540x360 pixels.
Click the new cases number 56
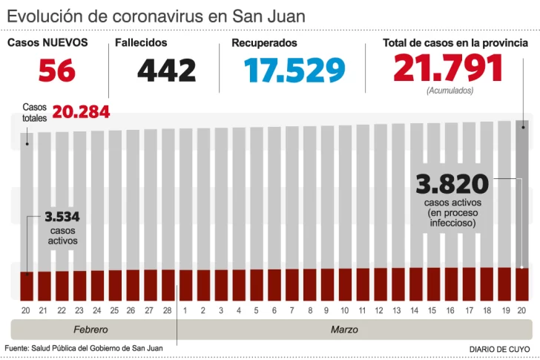click(x=57, y=71)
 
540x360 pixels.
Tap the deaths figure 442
click(x=166, y=71)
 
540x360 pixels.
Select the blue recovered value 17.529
click(x=294, y=71)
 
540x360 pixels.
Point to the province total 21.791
click(x=448, y=68)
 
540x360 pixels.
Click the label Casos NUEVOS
click(x=47, y=43)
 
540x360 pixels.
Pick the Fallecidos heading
click(x=141, y=43)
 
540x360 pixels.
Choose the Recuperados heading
click(x=264, y=43)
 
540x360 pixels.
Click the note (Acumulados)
click(x=450, y=91)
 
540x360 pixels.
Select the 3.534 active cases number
click(x=62, y=217)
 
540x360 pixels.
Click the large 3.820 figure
click(x=452, y=184)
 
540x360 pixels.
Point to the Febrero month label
click(x=90, y=329)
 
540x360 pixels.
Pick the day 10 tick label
click(x=345, y=310)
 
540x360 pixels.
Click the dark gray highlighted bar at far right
click(x=522, y=193)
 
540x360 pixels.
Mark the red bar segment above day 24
click(x=97, y=284)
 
